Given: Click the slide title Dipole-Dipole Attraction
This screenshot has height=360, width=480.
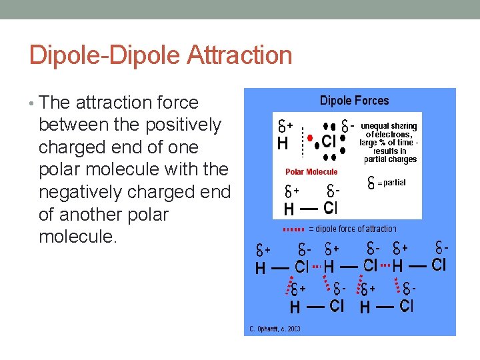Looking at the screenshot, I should click(x=161, y=55).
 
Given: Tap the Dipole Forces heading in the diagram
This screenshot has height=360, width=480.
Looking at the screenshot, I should click(x=354, y=101).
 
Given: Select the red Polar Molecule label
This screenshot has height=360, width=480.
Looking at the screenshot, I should click(x=311, y=172).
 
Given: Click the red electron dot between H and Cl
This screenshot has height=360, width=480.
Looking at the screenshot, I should click(x=309, y=138).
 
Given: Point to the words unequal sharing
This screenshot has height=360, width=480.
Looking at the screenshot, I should click(x=389, y=126).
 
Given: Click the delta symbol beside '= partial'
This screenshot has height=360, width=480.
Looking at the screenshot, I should click(x=371, y=182).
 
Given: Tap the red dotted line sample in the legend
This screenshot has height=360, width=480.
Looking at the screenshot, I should click(x=294, y=229).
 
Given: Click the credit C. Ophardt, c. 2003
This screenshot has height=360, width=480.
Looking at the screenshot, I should click(x=275, y=329).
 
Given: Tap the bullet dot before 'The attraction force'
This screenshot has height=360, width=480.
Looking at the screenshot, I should click(x=33, y=103).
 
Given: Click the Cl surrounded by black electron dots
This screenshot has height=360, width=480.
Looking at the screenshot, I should click(x=329, y=142).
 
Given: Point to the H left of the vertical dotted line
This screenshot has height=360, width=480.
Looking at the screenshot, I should click(x=283, y=143).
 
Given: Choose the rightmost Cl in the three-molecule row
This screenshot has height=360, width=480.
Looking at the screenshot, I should click(x=439, y=265).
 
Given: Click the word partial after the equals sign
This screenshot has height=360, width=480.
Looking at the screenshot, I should click(x=395, y=182).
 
